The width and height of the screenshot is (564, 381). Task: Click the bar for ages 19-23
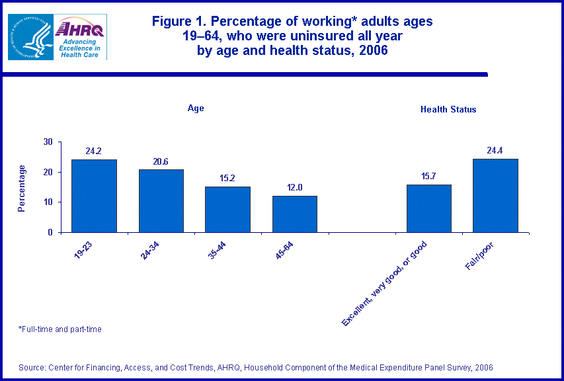(94, 196)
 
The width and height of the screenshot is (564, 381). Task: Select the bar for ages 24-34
(161, 201)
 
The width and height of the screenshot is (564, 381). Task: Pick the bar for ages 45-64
(295, 214)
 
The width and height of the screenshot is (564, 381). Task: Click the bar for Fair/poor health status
(496, 196)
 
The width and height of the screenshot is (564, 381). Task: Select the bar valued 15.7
(429, 208)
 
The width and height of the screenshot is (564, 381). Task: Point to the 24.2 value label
(94, 151)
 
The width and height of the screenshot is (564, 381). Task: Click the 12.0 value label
(295, 188)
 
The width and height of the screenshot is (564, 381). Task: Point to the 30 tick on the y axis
(48, 142)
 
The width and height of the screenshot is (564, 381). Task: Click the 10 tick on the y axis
(48, 202)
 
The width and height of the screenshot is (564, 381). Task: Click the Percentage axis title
(22, 189)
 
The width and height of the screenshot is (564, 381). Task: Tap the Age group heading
(195, 108)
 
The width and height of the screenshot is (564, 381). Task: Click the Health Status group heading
(448, 109)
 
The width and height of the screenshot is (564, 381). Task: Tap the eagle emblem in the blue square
(30, 37)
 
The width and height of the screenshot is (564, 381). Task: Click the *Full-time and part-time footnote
(60, 329)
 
